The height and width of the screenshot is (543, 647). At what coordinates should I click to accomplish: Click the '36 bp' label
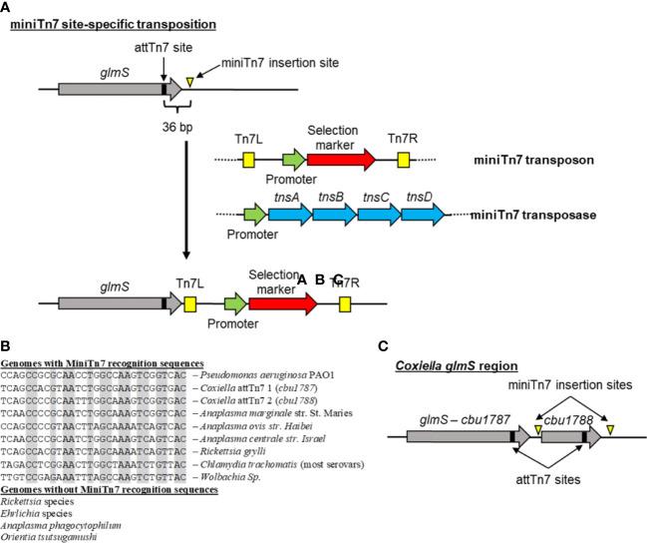179,128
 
